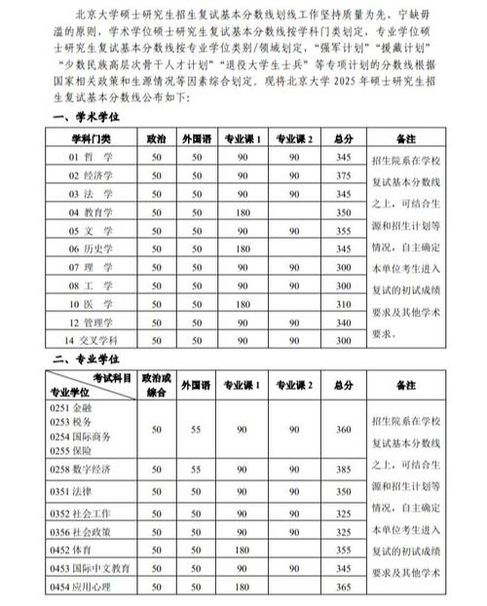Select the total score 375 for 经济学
(342, 175)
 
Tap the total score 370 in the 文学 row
(342, 230)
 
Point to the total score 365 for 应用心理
(342, 586)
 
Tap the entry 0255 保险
(70, 451)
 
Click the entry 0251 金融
(70, 407)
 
